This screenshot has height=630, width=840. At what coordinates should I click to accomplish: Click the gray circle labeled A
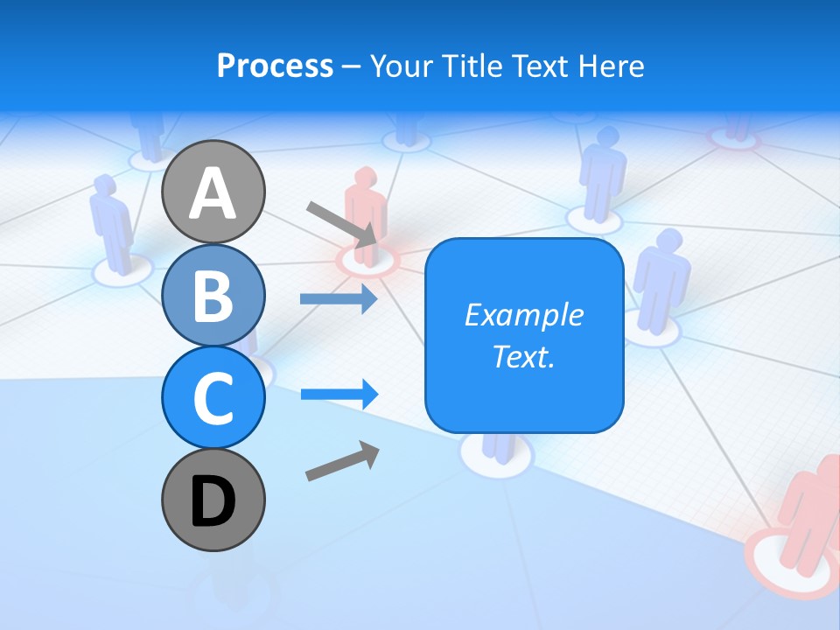click(213, 192)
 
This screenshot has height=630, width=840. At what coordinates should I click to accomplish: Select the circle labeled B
click(213, 295)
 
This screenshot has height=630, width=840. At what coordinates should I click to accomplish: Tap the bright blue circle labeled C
click(213, 397)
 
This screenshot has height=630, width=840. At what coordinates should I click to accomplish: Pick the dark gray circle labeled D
click(213, 500)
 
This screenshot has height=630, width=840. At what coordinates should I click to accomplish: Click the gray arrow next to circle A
click(342, 224)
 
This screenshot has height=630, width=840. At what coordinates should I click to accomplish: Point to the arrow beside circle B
click(338, 298)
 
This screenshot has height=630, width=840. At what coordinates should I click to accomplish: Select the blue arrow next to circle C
click(339, 394)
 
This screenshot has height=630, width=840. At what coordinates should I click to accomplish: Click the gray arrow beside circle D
click(342, 461)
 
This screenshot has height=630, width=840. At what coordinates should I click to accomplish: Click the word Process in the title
click(275, 66)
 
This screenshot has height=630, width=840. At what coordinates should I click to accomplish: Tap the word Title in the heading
click(479, 66)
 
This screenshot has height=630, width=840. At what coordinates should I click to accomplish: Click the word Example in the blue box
click(523, 315)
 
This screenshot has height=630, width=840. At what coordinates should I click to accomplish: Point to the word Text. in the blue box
click(523, 356)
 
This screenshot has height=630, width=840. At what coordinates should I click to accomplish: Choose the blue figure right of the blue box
click(661, 280)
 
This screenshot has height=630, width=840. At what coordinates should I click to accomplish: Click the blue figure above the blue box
click(601, 175)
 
